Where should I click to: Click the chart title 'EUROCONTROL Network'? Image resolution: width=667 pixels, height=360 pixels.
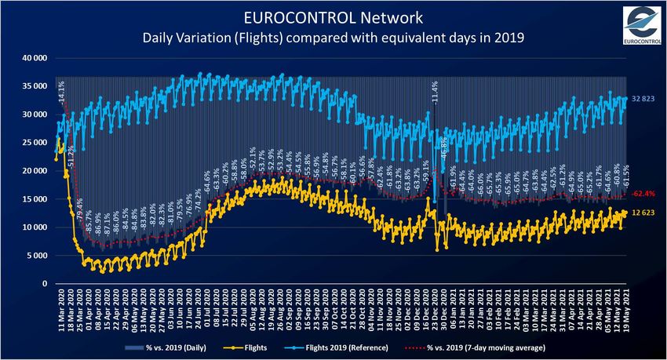click(333, 16)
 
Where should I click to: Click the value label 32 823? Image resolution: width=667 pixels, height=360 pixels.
click(643, 100)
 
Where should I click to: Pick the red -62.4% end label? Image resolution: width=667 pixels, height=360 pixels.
click(643, 193)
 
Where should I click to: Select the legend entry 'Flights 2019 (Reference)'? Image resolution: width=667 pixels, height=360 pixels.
click(354, 347)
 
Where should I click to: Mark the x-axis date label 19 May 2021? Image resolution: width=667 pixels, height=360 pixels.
click(625, 307)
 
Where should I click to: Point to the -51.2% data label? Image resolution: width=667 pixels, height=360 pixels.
click(71, 162)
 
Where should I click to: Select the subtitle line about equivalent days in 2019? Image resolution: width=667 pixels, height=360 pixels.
click(333, 36)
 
